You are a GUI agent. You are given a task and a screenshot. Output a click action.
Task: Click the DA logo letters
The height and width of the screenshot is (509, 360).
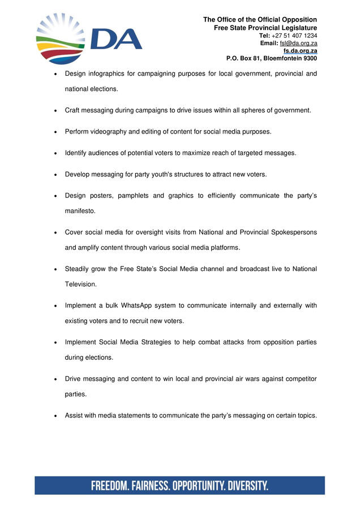[x=116, y=40]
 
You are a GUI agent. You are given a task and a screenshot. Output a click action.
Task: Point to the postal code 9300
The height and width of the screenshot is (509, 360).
[x=308, y=58]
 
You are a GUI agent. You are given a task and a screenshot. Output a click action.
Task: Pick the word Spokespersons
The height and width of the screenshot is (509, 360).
[x=289, y=232]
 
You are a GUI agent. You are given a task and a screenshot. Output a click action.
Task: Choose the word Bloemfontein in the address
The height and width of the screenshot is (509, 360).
[x=278, y=58]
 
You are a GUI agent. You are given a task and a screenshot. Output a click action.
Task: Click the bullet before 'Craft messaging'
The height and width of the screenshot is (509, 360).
[x=54, y=110]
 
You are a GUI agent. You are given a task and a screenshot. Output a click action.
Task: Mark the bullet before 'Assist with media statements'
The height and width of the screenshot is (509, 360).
[x=54, y=416]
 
